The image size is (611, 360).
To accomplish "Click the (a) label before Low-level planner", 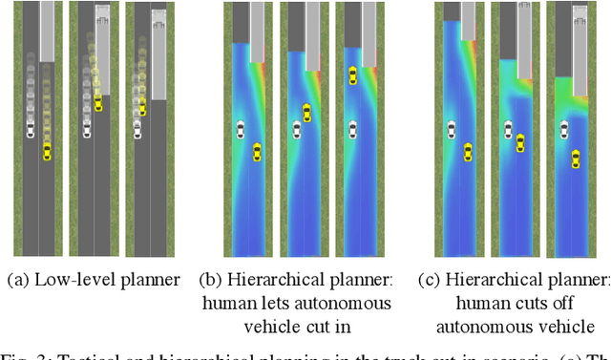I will (x=17, y=279).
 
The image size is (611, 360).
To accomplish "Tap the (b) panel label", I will (x=212, y=279).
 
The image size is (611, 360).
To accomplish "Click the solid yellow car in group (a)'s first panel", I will (x=47, y=150).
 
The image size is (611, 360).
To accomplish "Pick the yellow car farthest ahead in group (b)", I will (x=352, y=74).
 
